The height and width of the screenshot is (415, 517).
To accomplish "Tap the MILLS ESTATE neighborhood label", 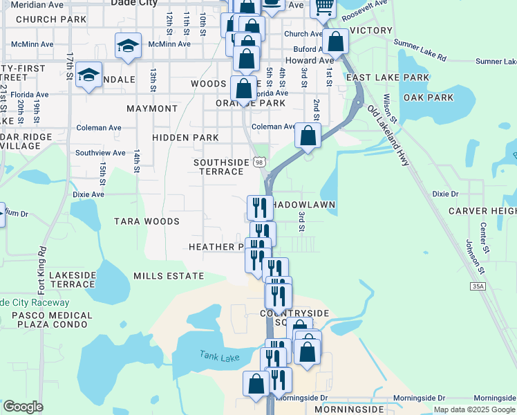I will pyautogui.click(x=169, y=275).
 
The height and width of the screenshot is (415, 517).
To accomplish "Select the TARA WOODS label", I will pyautogui.click(x=147, y=221).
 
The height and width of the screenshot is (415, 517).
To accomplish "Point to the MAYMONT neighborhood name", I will pyautogui.click(x=152, y=109).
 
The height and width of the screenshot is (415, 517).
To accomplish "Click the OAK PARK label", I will pyautogui.click(x=429, y=98).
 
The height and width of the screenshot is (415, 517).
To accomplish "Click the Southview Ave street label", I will pyautogui.click(x=100, y=153).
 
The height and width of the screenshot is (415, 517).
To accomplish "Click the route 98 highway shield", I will pyautogui.click(x=259, y=162).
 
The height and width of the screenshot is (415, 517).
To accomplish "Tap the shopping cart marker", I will pyautogui.click(x=323, y=9).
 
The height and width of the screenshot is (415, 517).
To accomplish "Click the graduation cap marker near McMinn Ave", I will pyautogui.click(x=128, y=46).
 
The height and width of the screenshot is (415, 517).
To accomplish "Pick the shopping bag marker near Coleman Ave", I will pyautogui.click(x=308, y=135).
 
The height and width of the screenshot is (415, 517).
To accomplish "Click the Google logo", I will pyautogui.click(x=23, y=407).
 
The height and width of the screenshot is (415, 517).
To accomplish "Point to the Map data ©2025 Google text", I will pyautogui.click(x=473, y=409).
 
